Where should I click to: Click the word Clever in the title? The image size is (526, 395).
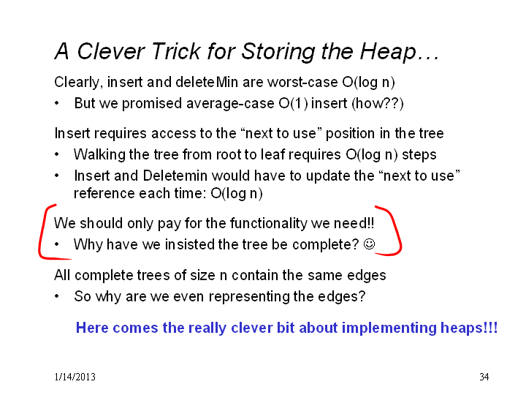pyautogui.click(x=111, y=51)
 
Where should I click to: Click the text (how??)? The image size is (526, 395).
pyautogui.click(x=378, y=103)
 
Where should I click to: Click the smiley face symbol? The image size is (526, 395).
pyautogui.click(x=370, y=244)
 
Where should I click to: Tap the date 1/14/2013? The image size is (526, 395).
pyautogui.click(x=75, y=377)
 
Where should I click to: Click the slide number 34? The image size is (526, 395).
pyautogui.click(x=484, y=377)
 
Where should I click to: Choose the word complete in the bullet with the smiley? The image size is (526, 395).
pyautogui.click(x=321, y=245)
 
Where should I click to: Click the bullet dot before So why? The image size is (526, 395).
pyautogui.click(x=57, y=296)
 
